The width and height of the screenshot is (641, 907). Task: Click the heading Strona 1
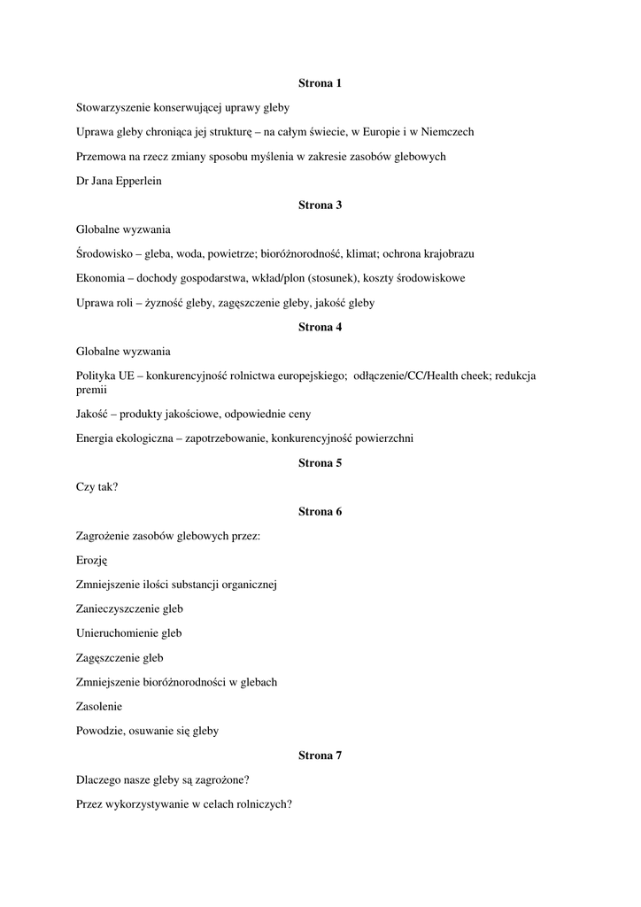320,83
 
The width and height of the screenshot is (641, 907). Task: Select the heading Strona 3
320,205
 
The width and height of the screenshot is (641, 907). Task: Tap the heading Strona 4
320,328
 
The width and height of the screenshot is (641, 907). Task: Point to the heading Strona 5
320,463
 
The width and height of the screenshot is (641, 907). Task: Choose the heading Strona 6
320,512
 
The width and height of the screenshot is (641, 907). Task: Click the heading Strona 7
320,756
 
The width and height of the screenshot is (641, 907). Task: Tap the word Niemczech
446,132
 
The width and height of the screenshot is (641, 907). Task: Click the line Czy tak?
97,487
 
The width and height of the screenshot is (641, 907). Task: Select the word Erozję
91,561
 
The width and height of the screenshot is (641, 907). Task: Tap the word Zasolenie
99,707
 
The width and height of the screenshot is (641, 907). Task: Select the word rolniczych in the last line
262,804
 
